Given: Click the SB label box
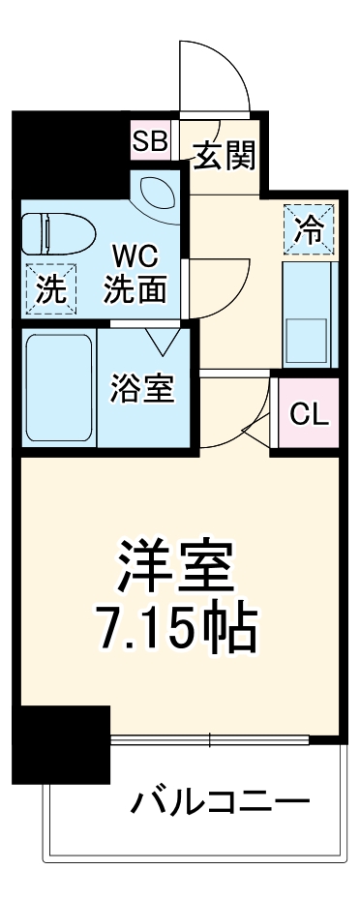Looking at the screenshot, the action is tap(151, 141).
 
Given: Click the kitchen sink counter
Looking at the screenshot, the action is tap(309, 315).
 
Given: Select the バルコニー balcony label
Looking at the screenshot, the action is tap(221, 801).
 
